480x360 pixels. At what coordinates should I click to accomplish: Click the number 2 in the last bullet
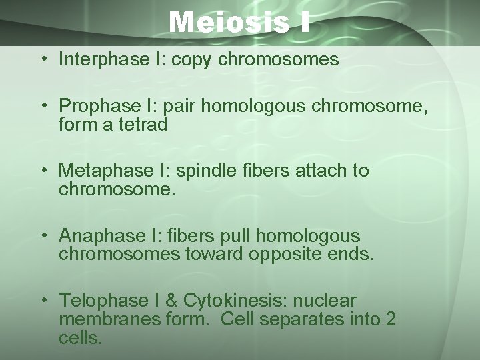[389, 319]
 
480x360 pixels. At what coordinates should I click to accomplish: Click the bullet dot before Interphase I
[43, 61]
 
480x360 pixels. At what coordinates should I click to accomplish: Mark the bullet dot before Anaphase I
[43, 237]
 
